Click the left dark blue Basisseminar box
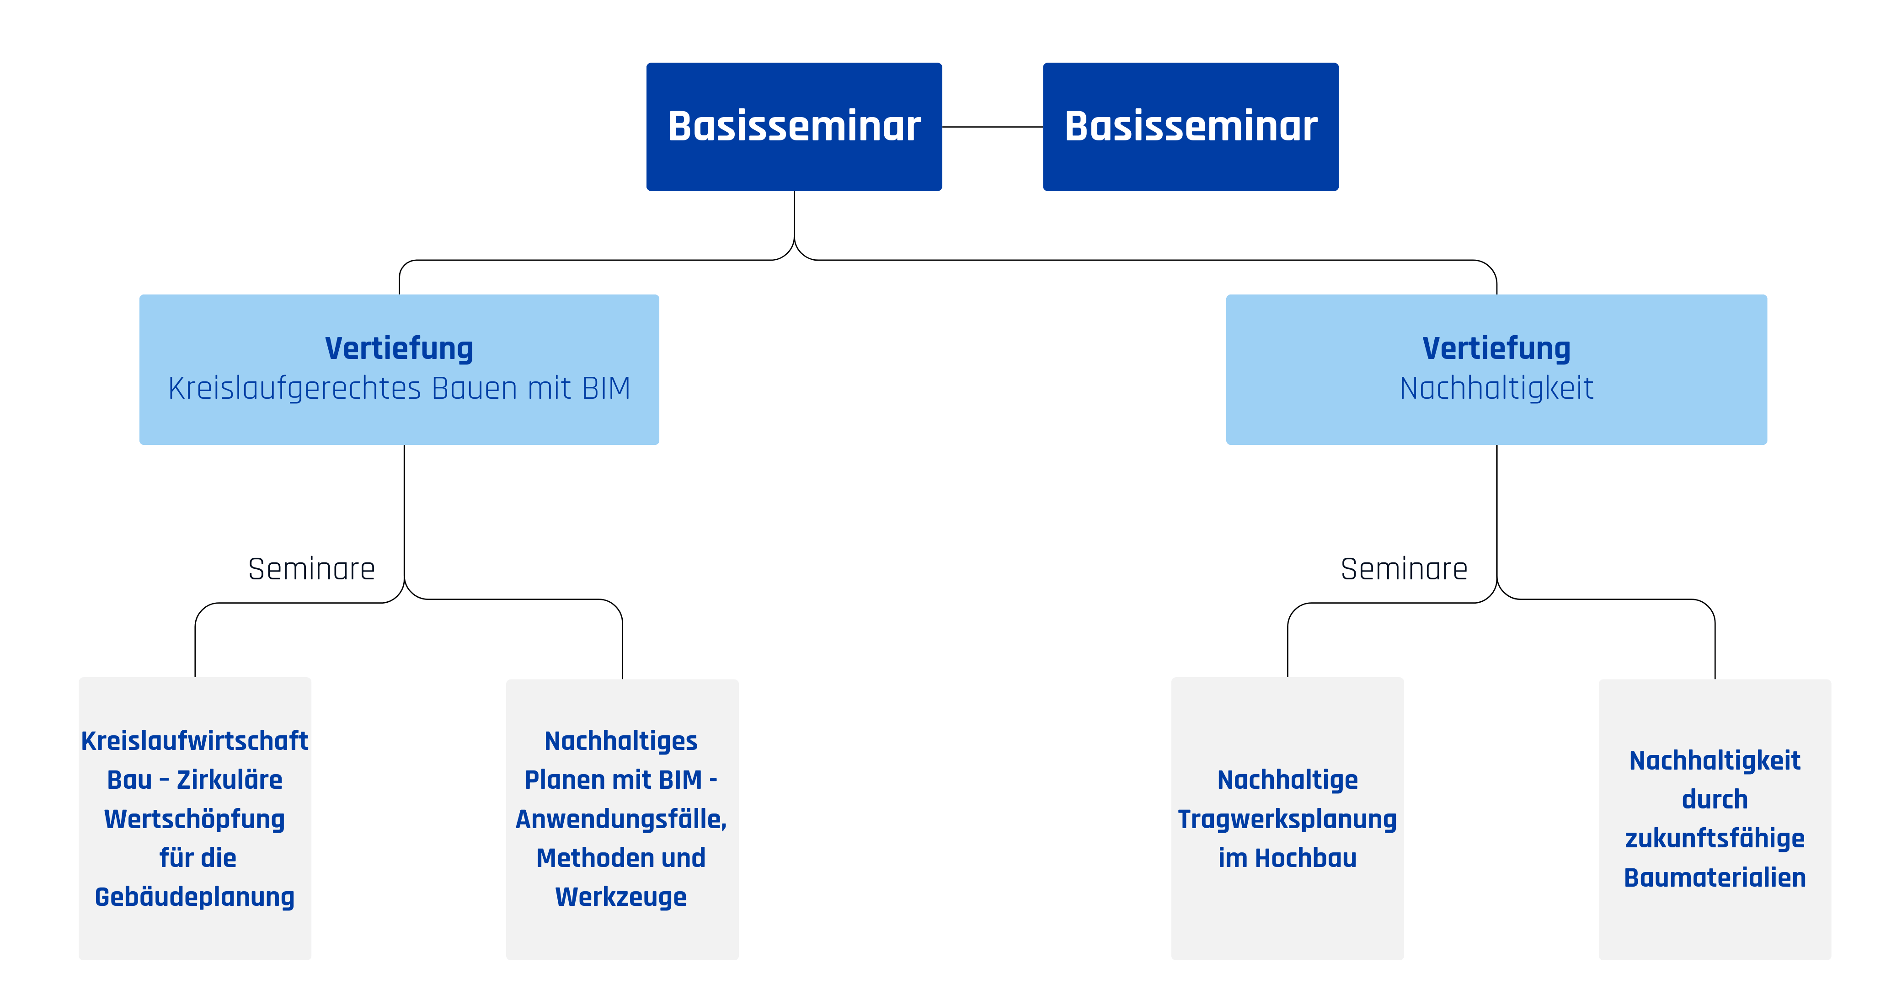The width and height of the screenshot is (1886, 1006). click(794, 127)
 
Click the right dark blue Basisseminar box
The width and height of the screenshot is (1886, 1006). click(1191, 127)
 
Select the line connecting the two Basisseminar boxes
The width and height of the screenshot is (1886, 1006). click(993, 127)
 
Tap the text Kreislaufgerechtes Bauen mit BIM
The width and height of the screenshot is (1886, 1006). click(399, 389)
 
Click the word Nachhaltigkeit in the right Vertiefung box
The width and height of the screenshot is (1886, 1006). click(1496, 389)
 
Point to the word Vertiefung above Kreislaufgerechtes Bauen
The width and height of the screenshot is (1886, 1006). click(399, 348)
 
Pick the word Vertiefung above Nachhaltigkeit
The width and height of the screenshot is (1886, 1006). click(1496, 348)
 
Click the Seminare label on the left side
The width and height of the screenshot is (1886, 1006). click(311, 569)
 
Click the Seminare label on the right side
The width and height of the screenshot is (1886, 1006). click(1404, 569)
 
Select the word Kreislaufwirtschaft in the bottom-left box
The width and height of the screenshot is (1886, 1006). click(195, 741)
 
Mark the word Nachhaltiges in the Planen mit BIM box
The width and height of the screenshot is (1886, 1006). click(621, 741)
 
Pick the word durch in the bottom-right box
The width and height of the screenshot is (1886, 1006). click(1715, 799)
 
